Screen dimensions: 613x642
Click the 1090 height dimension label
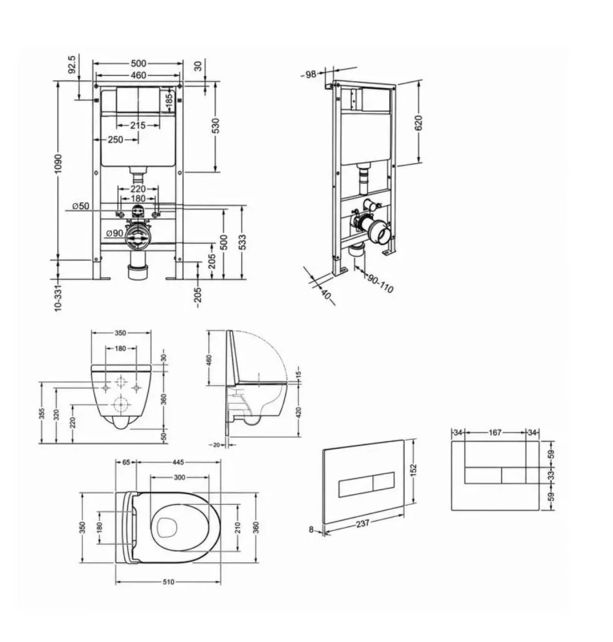pyautogui.click(x=58, y=164)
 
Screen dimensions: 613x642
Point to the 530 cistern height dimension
pyautogui.click(x=216, y=125)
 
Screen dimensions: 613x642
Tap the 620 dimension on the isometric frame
pyautogui.click(x=418, y=123)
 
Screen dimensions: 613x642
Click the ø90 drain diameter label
pyautogui.click(x=115, y=233)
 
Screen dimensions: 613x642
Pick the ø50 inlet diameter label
pyautogui.click(x=81, y=206)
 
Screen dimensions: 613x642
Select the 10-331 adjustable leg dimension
pyautogui.click(x=58, y=298)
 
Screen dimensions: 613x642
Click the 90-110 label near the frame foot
pyautogui.click(x=380, y=284)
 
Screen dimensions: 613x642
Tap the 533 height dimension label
pyautogui.click(x=242, y=242)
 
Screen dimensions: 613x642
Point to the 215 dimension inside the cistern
pyautogui.click(x=138, y=125)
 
